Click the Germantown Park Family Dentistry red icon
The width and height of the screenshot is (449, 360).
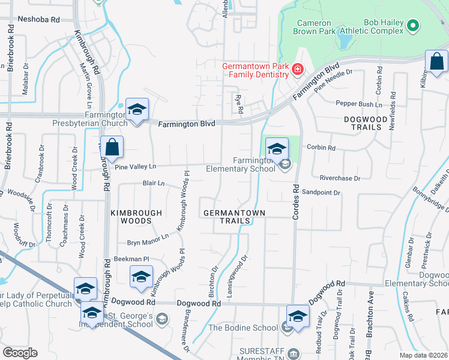tap(297, 71)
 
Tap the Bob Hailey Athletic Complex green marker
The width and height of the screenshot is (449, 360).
tap(412, 26)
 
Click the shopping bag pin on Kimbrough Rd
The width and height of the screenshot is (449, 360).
tap(112, 147)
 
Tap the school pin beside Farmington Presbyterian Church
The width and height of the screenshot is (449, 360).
tap(137, 110)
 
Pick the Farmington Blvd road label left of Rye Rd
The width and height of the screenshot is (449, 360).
tap(187, 124)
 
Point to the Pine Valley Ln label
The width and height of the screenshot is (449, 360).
tap(135, 166)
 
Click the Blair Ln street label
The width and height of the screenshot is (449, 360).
tap(153, 183)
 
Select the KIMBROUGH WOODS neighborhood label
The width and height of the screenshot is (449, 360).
tap(136, 217)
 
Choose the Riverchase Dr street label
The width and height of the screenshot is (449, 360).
tap(340, 178)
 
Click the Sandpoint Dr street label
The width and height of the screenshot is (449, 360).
tap(321, 193)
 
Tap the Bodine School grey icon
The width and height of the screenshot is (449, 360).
tap(287, 327)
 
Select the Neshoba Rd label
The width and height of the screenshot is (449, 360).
tap(39, 19)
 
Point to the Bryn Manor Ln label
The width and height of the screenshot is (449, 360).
tap(148, 242)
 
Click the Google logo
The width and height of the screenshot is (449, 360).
tap(20, 353)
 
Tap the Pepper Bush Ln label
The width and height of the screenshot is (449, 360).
tap(359, 104)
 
